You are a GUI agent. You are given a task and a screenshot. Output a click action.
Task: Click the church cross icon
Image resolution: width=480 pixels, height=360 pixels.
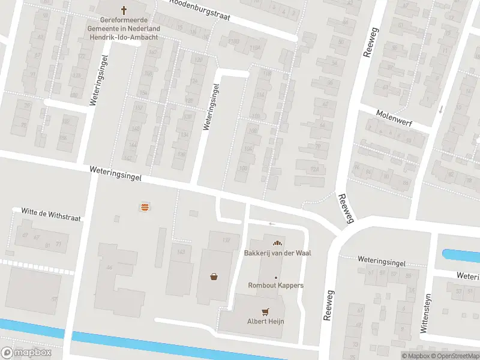point(124,10)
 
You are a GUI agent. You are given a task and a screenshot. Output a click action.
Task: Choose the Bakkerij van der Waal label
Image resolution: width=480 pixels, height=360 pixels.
point(277,253)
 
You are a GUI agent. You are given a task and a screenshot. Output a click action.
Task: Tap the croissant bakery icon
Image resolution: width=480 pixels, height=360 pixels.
point(277,242)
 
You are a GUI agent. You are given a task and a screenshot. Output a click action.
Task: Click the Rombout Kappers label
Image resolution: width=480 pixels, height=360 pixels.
point(276,285)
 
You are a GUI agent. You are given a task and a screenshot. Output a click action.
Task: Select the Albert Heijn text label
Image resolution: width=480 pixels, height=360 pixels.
point(265,322)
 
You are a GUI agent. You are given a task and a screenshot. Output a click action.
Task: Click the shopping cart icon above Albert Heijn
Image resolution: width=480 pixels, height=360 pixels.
point(265,311)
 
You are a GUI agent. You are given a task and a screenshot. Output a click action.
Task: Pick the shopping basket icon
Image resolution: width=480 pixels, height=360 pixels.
point(214,277)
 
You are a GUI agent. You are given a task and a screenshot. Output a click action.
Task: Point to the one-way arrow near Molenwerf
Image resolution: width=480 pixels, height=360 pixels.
point(441,109)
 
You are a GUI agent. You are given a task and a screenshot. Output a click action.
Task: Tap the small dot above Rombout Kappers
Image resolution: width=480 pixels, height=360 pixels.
point(276,277)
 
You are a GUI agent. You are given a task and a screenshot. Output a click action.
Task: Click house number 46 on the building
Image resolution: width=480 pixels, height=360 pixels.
point(109,267)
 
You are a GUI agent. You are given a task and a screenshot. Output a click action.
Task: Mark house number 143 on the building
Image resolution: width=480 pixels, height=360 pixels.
point(181,253)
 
